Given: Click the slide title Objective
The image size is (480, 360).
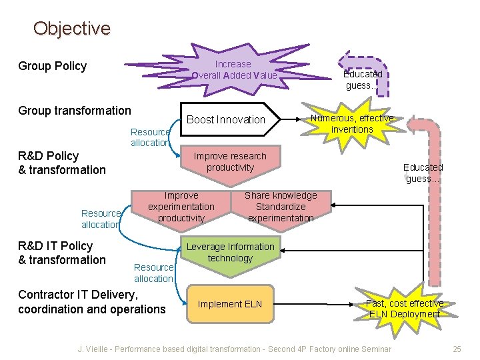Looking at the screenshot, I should click(x=71, y=29).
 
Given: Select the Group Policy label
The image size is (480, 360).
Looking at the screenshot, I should click(x=53, y=66).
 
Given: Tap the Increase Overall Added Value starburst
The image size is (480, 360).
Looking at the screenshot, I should click(x=234, y=69).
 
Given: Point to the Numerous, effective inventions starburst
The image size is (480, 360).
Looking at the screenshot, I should click(x=352, y=123).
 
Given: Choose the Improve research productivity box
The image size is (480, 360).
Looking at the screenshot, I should click(x=230, y=162).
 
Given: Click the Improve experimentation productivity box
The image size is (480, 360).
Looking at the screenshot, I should click(x=181, y=207).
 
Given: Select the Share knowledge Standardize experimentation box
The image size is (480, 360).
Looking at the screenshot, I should click(x=280, y=207).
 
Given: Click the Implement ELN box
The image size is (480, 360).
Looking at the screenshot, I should click(x=230, y=305).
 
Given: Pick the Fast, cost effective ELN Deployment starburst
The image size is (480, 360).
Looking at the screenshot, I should click(x=404, y=309).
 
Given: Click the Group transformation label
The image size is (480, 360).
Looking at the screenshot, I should click(x=75, y=111).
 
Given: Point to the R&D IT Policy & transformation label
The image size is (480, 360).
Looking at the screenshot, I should click(x=62, y=253).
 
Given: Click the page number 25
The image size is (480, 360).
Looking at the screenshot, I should click(x=457, y=349).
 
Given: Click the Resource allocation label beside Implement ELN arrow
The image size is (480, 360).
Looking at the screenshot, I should click(x=153, y=273).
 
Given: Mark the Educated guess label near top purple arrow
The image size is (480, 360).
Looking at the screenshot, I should click(x=363, y=80).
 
